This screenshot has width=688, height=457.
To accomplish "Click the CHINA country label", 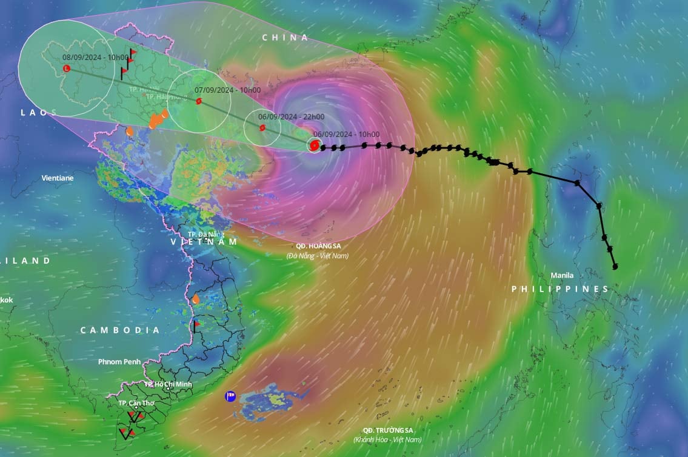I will pyautogui.click(x=285, y=38).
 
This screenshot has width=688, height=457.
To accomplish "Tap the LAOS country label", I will pyautogui.click(x=38, y=112).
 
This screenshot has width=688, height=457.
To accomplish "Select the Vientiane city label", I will pyautogui.click(x=58, y=178).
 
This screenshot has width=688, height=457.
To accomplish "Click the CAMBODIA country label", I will pyautogui.click(x=120, y=330).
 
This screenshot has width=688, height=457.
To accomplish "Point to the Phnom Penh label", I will pyautogui.click(x=119, y=362).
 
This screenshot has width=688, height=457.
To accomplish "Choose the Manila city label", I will pyautogui.click(x=562, y=275).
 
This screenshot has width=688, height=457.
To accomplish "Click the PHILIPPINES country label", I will pyautogui.click(x=560, y=289).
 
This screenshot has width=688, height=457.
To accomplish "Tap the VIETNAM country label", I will pyautogui.click(x=204, y=242).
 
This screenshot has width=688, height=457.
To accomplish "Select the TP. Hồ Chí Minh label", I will pyautogui.click(x=168, y=384).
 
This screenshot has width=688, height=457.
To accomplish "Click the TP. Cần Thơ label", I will pyautogui.click(x=136, y=403).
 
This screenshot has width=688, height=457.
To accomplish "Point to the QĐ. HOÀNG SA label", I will pyautogui.click(x=317, y=246).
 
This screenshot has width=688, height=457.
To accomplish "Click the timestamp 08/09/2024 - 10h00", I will pyautogui.click(x=95, y=57).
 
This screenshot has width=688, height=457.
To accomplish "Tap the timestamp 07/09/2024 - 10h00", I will pyautogui.click(x=227, y=90).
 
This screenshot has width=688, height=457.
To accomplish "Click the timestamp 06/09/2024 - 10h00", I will pyautogui.click(x=347, y=135).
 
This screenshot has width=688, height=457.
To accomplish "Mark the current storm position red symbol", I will pyautogui.click(x=314, y=145).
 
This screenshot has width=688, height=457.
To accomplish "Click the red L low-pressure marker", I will pyautogui.click(x=67, y=68).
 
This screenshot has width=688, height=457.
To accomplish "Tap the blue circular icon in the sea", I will pyautogui.click(x=230, y=396).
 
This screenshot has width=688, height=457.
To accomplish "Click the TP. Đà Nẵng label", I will pyautogui.click(x=206, y=233).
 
